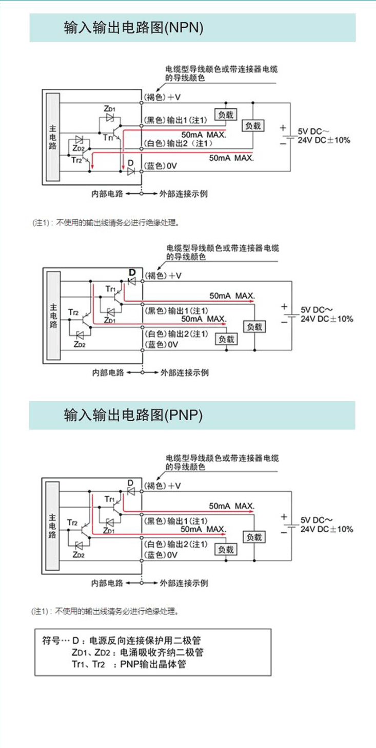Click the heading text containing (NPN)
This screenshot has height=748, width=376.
tap(133, 28)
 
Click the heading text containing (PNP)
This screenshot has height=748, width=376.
tap(133, 415)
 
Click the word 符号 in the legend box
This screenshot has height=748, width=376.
tap(50, 641)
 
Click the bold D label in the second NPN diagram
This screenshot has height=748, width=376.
tap(131, 272)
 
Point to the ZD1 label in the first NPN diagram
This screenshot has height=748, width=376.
tap(109, 108)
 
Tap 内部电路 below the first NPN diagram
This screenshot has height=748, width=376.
tap(107, 194)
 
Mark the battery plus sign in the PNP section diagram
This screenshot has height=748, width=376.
tap(284, 517)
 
